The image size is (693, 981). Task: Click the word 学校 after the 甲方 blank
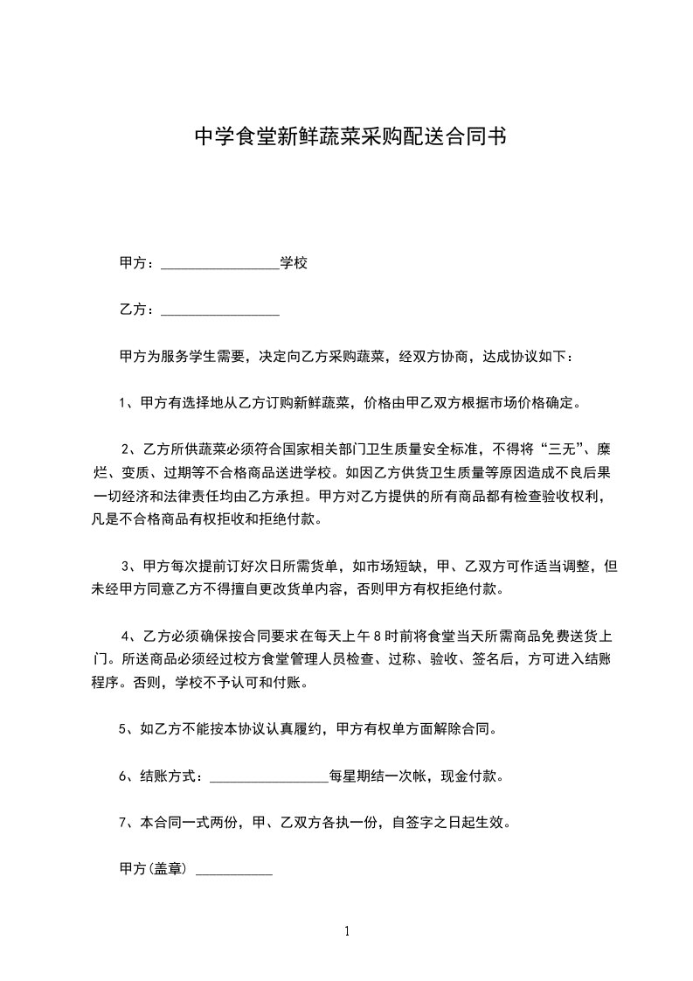tap(294, 262)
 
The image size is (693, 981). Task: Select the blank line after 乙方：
tap(220, 311)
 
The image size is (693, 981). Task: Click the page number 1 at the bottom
tap(347, 931)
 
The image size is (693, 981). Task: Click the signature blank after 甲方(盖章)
tap(234, 872)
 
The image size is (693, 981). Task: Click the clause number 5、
tap(125, 728)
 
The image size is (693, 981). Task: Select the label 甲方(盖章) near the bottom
tap(154, 870)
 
